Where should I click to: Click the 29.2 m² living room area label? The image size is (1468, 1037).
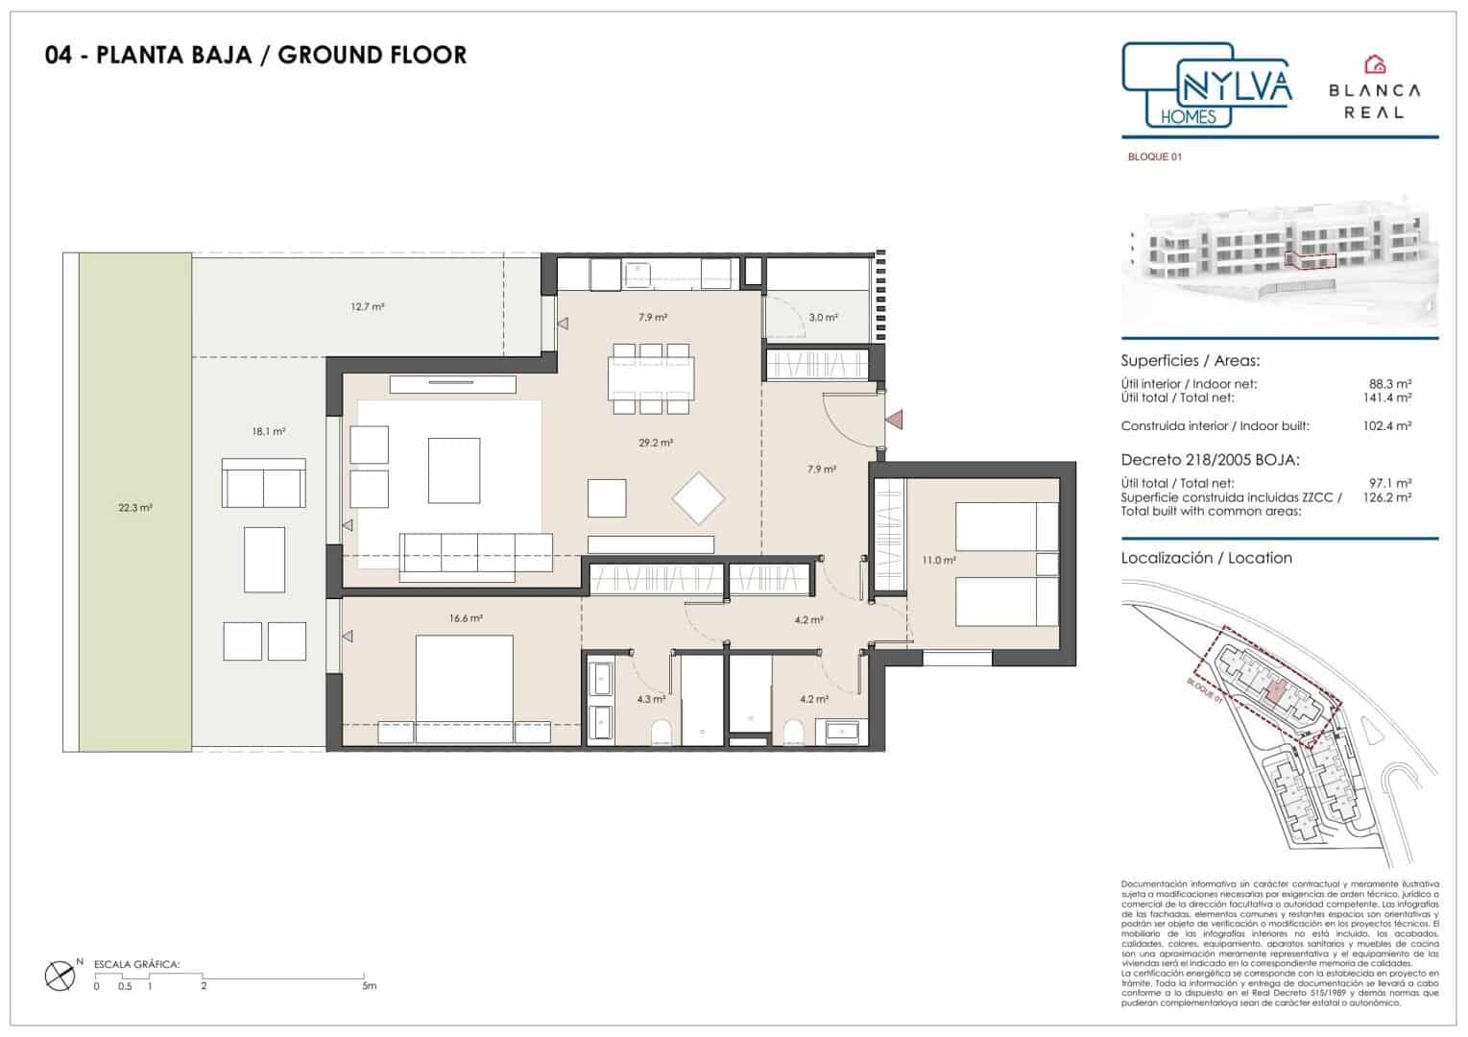point(656,444)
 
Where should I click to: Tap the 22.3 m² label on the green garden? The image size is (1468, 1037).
point(135,508)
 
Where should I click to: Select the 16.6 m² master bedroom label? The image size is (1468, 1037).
point(466,619)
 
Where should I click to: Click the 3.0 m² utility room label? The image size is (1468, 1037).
point(822,317)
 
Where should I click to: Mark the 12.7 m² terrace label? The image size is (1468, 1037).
point(368,307)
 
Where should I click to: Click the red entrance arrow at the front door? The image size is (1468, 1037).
point(895,420)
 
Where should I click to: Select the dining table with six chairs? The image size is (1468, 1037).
point(650,378)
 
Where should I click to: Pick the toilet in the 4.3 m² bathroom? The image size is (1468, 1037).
point(659,735)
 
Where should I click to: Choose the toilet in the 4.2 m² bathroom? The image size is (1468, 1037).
point(793,735)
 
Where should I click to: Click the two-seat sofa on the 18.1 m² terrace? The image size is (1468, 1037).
point(263,483)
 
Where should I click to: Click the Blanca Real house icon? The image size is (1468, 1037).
point(1376,64)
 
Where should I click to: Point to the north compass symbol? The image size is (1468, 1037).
point(60,976)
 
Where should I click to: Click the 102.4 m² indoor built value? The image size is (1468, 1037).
point(1391,426)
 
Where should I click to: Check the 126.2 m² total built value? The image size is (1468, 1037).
point(1391,498)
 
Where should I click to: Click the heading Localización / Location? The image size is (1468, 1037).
point(1206,558)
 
